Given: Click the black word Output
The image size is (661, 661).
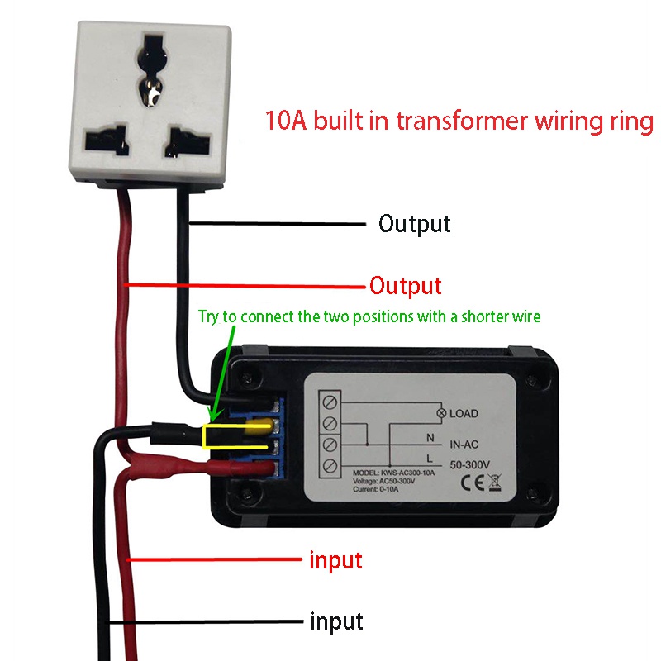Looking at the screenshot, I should (414, 224).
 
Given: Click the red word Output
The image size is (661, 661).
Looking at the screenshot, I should (405, 287).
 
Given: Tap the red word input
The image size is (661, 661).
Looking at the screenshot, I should (335, 560).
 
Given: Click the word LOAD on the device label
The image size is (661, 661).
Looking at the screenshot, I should (464, 413).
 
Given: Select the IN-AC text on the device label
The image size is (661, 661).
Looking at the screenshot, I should (465, 444).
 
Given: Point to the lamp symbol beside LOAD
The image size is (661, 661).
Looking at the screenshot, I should (441, 413).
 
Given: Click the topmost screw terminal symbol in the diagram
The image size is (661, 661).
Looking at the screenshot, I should (330, 402).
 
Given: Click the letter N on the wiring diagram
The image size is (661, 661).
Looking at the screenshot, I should (429, 435).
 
